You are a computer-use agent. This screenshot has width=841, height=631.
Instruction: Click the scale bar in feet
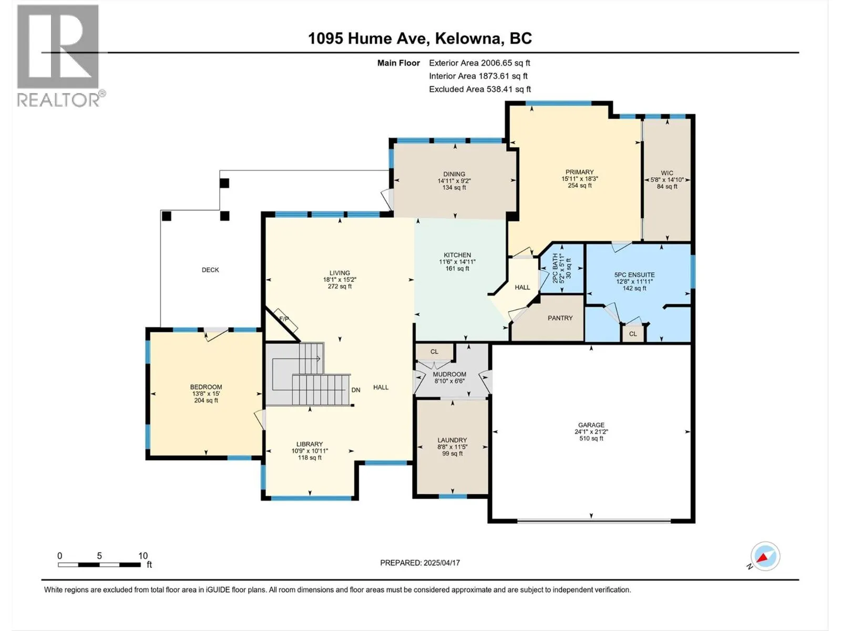[x=100, y=565]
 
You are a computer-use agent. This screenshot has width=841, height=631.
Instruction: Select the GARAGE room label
[x=591, y=425]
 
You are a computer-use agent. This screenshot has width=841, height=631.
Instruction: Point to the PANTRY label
[x=560, y=318]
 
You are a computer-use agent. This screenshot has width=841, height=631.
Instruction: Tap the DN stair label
[x=356, y=390]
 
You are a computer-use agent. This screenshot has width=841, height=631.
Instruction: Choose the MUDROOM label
[x=449, y=374]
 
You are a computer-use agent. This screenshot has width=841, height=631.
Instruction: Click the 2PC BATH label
[x=555, y=269]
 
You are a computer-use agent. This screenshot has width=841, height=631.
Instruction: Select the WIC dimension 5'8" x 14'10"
[x=667, y=180]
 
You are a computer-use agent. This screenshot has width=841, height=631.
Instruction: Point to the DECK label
[x=210, y=270]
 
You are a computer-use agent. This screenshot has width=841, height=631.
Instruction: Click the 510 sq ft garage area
[x=591, y=439]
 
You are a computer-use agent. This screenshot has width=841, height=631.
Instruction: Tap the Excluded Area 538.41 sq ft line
[x=480, y=89]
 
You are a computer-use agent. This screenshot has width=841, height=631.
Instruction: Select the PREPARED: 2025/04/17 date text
[x=420, y=563]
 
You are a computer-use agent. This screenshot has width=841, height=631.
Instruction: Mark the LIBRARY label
[x=310, y=444]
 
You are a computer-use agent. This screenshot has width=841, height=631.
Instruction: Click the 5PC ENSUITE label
[x=634, y=274]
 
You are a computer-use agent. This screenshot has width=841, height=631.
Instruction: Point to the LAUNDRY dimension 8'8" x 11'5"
[x=453, y=447]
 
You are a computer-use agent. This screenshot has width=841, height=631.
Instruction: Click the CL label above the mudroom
[x=434, y=351]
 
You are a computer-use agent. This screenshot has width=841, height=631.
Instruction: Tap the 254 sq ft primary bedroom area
[x=580, y=186]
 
